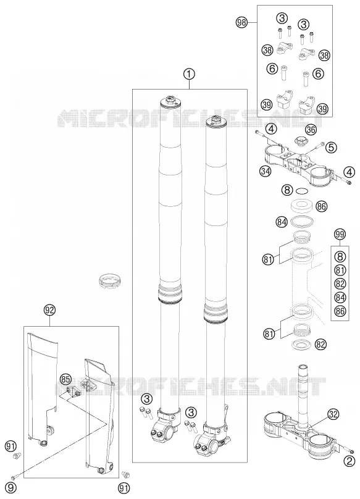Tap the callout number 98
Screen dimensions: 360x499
[x=241, y=23]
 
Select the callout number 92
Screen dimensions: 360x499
[x=50, y=310]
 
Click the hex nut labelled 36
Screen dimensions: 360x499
[x=299, y=140]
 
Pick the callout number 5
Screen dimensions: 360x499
[x=331, y=148]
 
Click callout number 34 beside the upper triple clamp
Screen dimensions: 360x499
[x=266, y=172]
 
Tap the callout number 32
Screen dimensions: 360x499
[x=333, y=414]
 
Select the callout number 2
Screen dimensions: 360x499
[x=350, y=461]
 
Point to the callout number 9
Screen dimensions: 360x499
[x=12, y=487]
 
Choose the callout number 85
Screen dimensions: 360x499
[x=65, y=379]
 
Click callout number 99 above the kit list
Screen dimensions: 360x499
[x=340, y=235]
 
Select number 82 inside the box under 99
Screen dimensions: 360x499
[x=340, y=283]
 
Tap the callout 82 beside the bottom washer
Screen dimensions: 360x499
[x=321, y=344]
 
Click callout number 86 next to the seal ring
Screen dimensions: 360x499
[x=322, y=206]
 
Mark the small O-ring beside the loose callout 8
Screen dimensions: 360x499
[x=302, y=191]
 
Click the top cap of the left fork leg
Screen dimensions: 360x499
[x=171, y=101]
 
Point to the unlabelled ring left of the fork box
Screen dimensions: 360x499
[x=109, y=280]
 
